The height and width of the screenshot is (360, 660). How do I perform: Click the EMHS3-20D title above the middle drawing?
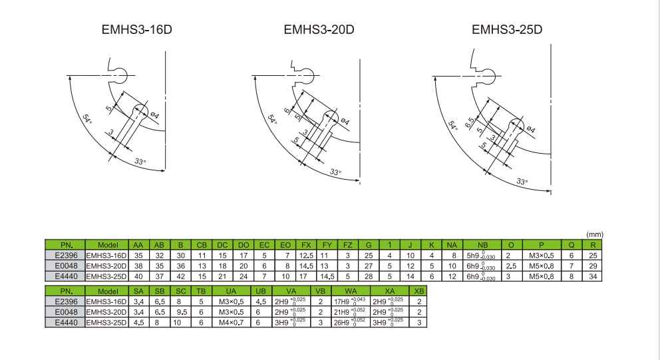click(319, 30)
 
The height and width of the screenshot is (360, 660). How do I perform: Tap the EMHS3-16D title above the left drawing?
click(132, 30)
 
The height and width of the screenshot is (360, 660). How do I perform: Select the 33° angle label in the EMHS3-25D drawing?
click(522, 180)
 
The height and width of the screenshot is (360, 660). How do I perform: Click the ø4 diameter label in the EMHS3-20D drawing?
click(345, 121)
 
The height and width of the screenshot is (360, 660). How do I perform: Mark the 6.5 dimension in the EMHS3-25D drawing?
click(470, 122)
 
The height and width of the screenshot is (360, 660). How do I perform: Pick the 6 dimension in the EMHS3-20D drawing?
click(287, 111)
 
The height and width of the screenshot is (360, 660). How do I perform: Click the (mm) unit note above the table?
click(594, 235)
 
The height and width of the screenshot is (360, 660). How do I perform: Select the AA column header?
click(138, 245)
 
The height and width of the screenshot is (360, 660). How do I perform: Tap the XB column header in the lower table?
click(418, 291)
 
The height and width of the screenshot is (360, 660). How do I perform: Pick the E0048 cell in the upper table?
click(65, 266)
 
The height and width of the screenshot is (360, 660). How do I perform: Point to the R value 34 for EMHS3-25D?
click(591, 275)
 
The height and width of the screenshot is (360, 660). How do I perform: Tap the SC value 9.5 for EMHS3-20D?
click(181, 312)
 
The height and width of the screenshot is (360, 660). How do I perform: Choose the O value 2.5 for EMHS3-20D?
click(511, 266)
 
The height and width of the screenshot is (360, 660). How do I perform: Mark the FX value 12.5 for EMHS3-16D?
click(307, 256)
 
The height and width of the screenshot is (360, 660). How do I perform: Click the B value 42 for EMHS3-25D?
click(181, 275)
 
